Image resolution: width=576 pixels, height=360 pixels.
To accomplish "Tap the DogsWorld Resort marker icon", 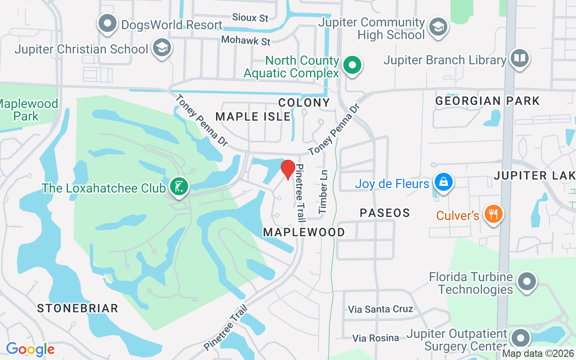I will point(108,24).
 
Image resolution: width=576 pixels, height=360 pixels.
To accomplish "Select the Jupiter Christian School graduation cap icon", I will point(162,48).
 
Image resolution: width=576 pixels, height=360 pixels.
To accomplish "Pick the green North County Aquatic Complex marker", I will point(352,66).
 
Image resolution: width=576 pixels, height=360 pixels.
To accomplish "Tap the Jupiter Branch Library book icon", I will point(519,59).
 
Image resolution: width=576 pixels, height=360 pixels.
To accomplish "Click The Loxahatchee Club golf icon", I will point(179,187).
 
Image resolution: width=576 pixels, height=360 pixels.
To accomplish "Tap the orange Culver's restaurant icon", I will point(493,214).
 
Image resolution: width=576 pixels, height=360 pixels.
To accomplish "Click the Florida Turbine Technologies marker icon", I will point(526,283).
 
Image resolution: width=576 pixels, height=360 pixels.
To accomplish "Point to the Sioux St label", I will point(250,18).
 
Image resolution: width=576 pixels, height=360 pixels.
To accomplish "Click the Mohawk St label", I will point(246,40).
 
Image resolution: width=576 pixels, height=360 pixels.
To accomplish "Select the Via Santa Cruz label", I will point(380,309).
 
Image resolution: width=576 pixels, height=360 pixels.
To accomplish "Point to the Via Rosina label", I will point(375,338).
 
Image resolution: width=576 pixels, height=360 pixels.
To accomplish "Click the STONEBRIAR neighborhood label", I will point(77,308).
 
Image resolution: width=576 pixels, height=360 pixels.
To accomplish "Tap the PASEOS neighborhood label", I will point(385,213).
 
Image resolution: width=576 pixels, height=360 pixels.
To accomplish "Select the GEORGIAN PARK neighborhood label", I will point(487,101).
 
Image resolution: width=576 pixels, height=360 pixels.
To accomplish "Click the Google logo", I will point(30,349).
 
